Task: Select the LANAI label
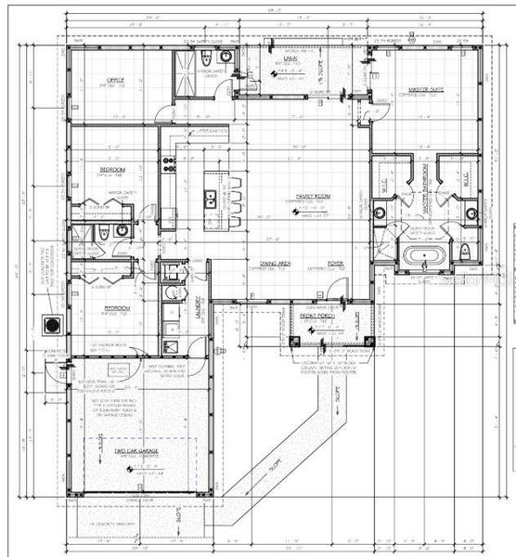289,58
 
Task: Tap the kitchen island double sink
212,197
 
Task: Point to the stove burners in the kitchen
170,164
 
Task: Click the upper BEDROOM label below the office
114,171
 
